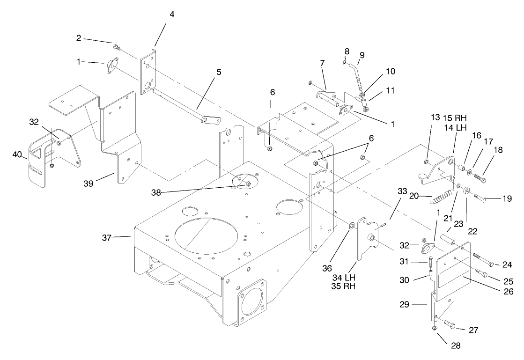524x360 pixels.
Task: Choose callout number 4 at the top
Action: pos(172,15)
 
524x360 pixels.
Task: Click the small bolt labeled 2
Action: pos(117,46)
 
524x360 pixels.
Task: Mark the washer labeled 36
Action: pos(351,227)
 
